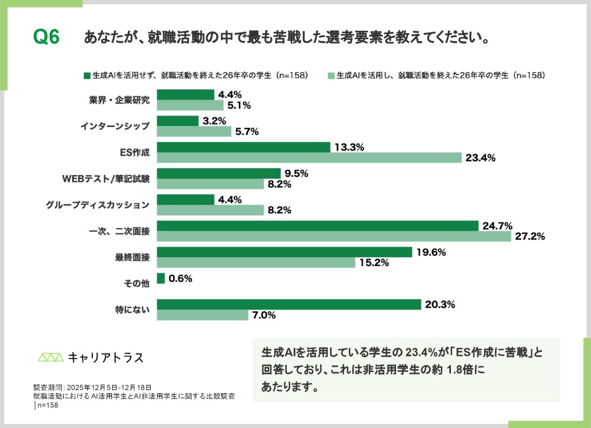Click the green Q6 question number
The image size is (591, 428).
coord(47,37)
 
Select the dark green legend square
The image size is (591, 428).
coord(87,76)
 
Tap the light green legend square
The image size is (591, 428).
coord(332,76)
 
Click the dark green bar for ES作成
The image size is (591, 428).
coord(243,147)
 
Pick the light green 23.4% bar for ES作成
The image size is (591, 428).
coord(309,157)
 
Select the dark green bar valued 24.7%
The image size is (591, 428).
coord(318,226)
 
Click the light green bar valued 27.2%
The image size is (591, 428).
coord(334,236)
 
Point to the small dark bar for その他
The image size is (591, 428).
coord(161,278)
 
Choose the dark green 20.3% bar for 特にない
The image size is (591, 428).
coord(289,304)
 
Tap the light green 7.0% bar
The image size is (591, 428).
coord(203,315)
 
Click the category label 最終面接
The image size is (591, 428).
coord(132,257)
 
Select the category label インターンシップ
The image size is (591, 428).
coord(118,126)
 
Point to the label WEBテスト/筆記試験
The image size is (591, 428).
coord(106,178)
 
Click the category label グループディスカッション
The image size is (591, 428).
coord(98,205)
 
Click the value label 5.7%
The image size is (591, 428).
coord(246,132)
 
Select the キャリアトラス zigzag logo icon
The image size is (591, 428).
coord(50,357)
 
